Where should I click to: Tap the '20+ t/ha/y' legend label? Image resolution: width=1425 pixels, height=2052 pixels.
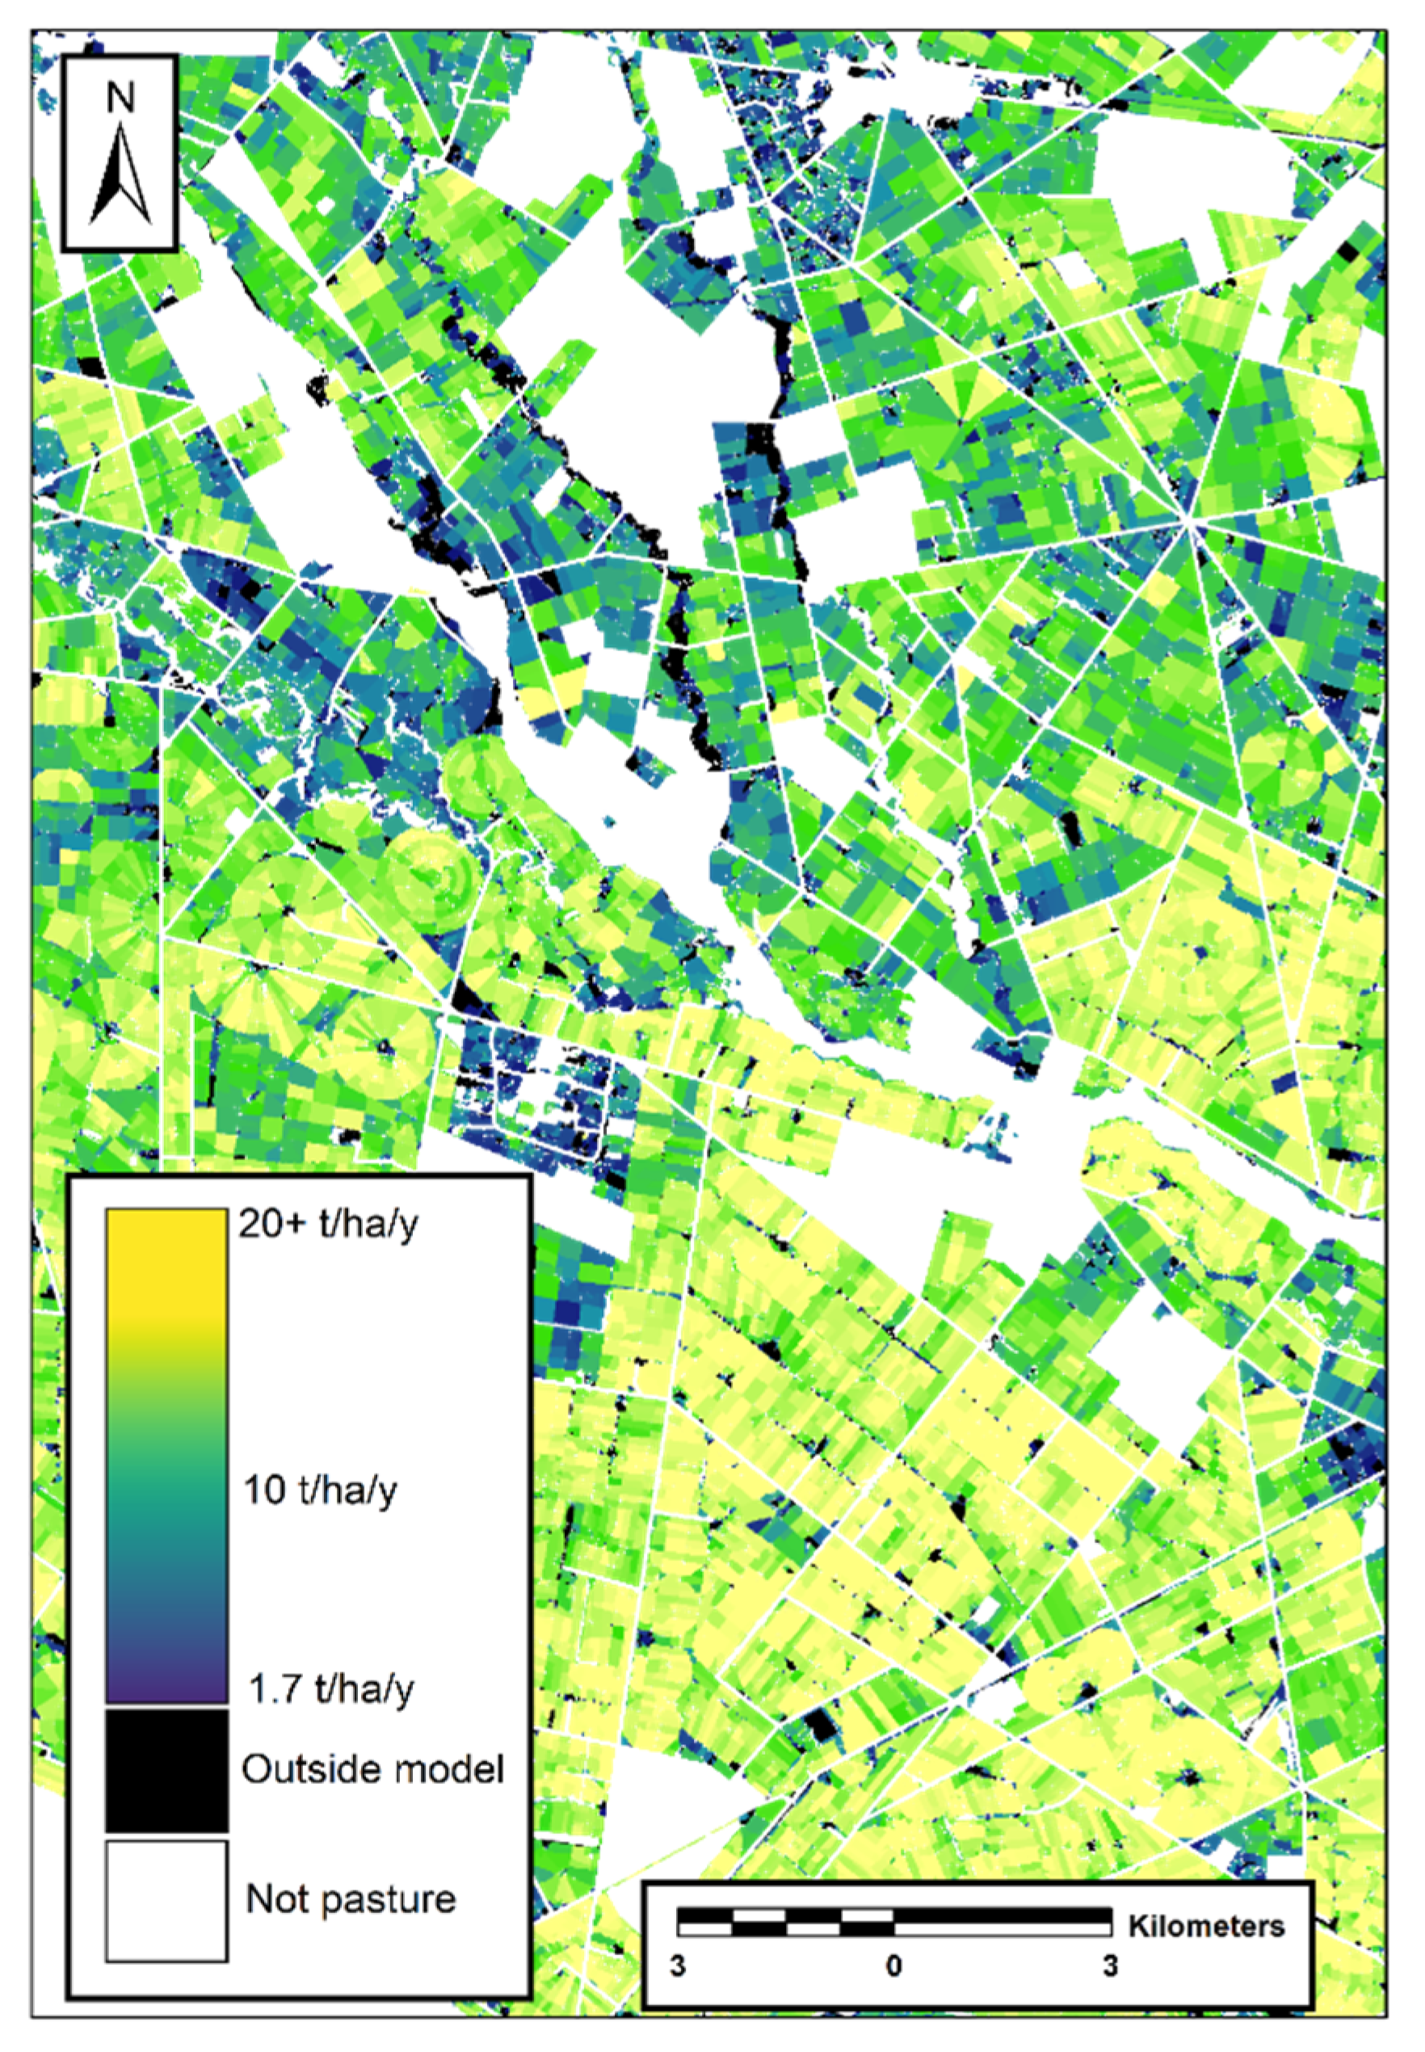tap(327, 1224)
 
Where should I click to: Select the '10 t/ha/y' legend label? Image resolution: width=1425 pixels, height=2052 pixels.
tap(321, 1490)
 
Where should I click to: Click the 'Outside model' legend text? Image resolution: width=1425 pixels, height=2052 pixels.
tap(372, 1769)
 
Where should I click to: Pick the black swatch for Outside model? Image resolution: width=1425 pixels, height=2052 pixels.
tap(167, 1769)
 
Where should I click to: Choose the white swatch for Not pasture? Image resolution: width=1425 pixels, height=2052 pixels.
tap(167, 1899)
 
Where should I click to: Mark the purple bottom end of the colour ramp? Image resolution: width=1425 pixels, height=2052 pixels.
tap(167, 1692)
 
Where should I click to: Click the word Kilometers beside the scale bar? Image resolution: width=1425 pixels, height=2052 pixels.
tap(1206, 1926)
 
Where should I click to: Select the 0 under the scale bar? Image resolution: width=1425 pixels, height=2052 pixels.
tap(893, 1966)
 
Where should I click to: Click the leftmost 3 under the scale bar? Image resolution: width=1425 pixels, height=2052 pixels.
tap(679, 1966)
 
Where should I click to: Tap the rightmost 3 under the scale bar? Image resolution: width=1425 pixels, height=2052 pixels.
tap(1110, 1966)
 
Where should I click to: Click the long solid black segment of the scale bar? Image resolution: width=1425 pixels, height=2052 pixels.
tap(1002, 1915)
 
